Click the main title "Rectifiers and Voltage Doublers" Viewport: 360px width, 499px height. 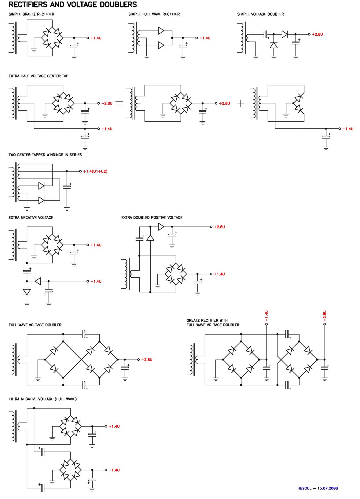73,5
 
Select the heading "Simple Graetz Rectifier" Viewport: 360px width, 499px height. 31,14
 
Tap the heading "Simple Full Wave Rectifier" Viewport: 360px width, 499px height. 154,14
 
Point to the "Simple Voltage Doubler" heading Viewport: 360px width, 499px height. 260,14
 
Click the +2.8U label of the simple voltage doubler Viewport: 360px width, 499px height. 317,35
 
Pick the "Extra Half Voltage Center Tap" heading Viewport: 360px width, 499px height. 39,76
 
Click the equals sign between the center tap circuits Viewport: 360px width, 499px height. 119,103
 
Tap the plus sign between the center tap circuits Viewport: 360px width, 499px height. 241,103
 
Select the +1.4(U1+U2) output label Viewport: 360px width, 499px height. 95,172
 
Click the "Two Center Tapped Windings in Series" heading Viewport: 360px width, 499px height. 45,155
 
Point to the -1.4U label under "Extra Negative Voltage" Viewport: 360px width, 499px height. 96,281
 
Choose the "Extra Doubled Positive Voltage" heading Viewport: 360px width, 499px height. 152,218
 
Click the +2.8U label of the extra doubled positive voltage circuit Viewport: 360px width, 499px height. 219,227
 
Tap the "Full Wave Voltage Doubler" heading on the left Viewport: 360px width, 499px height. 35,325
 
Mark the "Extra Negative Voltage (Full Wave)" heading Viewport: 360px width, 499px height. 43,399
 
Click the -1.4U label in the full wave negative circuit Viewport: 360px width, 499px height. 114,470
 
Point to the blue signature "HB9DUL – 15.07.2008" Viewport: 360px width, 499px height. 318,488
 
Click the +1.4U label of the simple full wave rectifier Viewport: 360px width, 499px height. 205,38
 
